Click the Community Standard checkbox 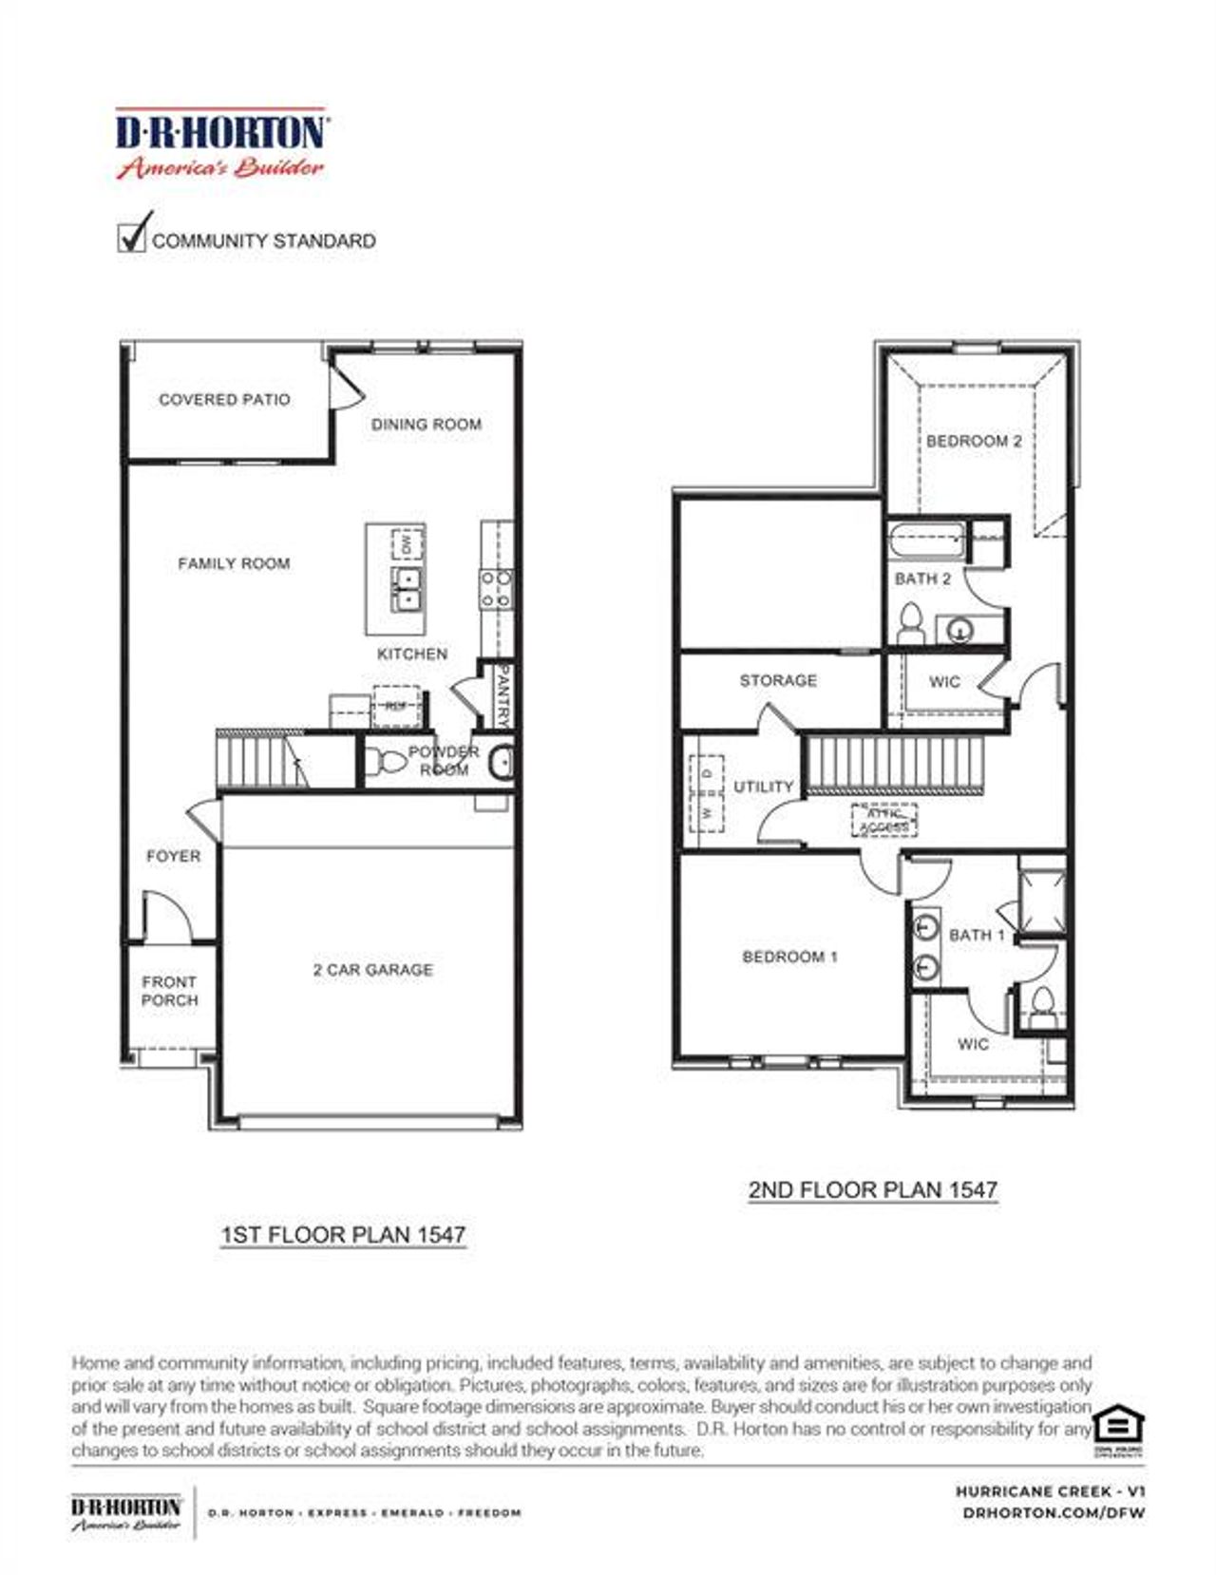coord(131,237)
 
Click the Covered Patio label coord(224,400)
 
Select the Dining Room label coord(426,425)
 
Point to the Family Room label coord(234,563)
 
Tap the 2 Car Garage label coord(372,970)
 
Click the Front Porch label coord(169,991)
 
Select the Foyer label coord(173,856)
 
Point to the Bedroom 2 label coord(974,441)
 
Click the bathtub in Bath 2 coord(926,542)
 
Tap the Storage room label coord(778,680)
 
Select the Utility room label coord(763,787)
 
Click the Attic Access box coord(883,820)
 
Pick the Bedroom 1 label coord(789,957)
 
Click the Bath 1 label coord(976,935)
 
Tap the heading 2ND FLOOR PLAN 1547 coord(872,1189)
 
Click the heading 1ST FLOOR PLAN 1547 coord(343,1235)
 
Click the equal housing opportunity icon coord(1118,1428)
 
